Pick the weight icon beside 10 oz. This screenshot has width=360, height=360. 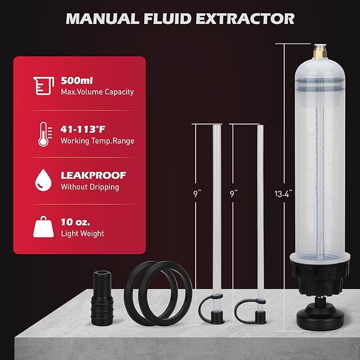click(x=42, y=227)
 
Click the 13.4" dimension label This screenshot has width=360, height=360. click(x=284, y=194)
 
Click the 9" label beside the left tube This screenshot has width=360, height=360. click(x=196, y=194)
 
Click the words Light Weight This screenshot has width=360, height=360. click(x=82, y=233)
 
